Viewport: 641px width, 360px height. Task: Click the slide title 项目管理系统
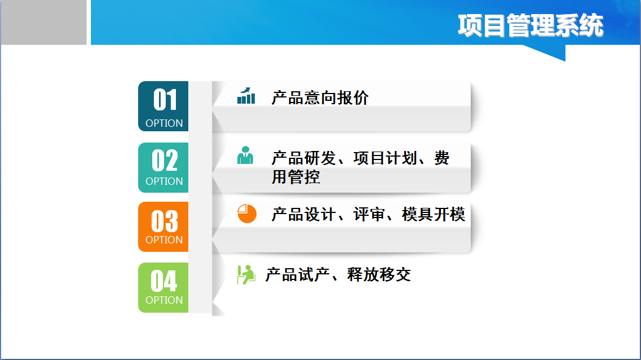click(x=530, y=25)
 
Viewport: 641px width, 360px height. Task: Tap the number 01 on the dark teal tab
click(x=165, y=100)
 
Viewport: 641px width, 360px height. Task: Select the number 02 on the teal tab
click(x=165, y=160)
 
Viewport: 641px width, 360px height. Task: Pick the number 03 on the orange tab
click(x=165, y=221)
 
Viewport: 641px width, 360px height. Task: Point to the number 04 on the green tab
click(x=164, y=281)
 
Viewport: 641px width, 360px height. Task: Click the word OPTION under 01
click(x=164, y=123)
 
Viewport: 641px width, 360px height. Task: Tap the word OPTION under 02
click(x=164, y=181)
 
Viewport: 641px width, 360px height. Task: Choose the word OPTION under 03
click(x=164, y=239)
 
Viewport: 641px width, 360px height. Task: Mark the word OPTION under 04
click(x=164, y=300)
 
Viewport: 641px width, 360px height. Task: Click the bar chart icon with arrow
click(x=246, y=96)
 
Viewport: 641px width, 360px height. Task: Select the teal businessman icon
click(x=245, y=155)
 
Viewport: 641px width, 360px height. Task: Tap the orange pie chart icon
click(x=247, y=214)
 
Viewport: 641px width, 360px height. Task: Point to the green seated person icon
click(x=246, y=274)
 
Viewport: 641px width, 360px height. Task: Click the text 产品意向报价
click(x=320, y=98)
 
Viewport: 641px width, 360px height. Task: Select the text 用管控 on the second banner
click(x=295, y=177)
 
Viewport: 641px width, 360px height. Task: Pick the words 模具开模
click(x=434, y=215)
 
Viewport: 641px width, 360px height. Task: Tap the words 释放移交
click(x=379, y=274)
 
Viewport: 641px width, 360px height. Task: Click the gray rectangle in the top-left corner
click(x=43, y=22)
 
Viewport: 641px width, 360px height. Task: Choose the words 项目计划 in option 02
click(x=385, y=158)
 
